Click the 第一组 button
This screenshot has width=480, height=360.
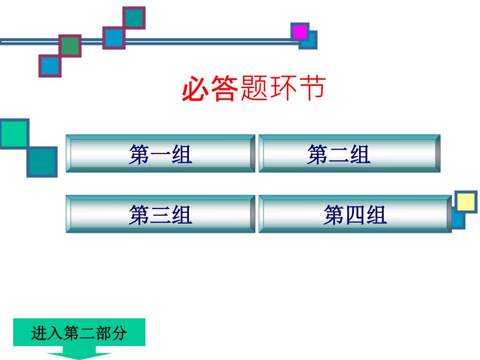[160, 154]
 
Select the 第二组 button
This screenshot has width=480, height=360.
[350, 154]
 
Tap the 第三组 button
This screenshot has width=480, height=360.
[160, 214]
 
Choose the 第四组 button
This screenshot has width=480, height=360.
[355, 214]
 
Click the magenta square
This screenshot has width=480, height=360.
[300, 32]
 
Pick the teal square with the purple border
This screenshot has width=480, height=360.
[134, 18]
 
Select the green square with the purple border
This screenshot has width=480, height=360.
[70, 46]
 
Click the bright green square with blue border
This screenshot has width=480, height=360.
[14, 133]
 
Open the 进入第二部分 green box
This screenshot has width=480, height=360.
[79, 333]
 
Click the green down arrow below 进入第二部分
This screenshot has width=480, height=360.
[79, 355]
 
